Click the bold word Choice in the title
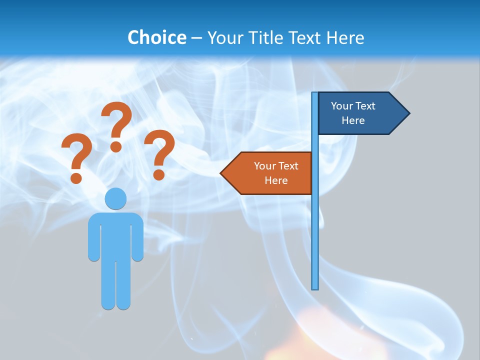click(x=156, y=37)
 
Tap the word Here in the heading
click(x=345, y=37)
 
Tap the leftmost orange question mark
click(x=76, y=157)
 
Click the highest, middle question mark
click(x=116, y=125)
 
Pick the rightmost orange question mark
click(x=159, y=152)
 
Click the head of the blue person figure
click(x=115, y=198)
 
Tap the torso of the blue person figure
click(x=115, y=235)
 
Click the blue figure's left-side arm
click(x=93, y=240)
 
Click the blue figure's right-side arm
click(x=137, y=240)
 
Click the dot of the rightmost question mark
click(x=158, y=174)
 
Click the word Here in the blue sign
click(x=353, y=120)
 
